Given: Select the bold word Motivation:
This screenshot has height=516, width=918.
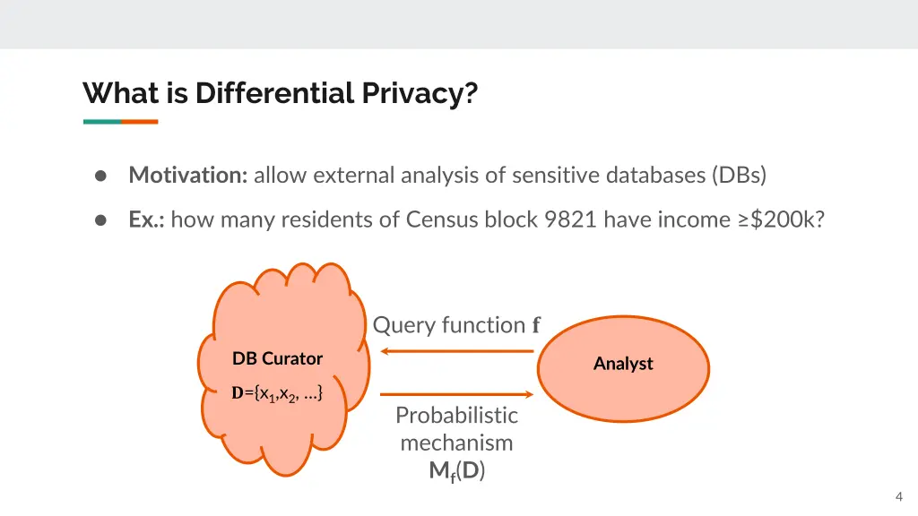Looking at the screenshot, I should click(x=188, y=175).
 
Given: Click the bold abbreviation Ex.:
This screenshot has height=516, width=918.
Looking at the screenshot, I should click(x=146, y=219).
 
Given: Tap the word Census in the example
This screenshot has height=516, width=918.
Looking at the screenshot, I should click(x=437, y=219).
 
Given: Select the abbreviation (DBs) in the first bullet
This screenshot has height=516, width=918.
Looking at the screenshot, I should click(x=740, y=175).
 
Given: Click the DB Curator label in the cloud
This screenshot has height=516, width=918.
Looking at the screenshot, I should click(x=277, y=358).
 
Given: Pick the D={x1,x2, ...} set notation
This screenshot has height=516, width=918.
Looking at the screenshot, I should click(x=277, y=393).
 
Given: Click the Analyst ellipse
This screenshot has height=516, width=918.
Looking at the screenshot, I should click(x=623, y=364).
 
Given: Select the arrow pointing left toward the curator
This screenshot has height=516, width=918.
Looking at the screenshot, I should click(x=457, y=351).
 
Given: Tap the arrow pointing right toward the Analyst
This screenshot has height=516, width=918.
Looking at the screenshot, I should click(x=457, y=393).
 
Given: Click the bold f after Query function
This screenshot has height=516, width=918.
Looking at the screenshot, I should click(x=536, y=325).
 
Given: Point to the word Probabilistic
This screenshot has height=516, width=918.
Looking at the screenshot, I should click(x=456, y=415).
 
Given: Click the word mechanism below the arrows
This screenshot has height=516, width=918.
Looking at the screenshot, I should click(x=456, y=443).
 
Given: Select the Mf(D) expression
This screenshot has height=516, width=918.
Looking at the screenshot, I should click(x=456, y=471).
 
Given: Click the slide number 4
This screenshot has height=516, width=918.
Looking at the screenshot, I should click(x=898, y=497).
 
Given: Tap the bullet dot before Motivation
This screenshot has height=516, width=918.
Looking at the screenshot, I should click(x=102, y=176).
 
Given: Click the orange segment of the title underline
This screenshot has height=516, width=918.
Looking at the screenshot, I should click(x=140, y=122).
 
